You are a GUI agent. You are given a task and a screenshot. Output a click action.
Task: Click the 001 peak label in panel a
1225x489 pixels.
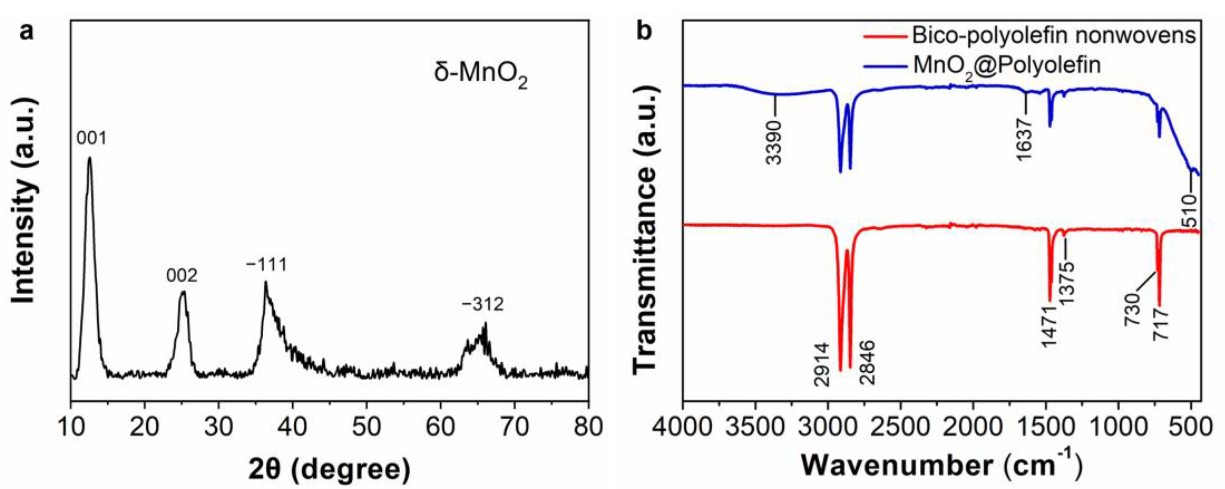pos(92,138)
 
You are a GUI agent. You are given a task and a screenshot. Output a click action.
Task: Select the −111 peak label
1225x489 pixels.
pos(267,264)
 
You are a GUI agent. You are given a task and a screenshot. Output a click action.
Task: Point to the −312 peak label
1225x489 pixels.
pos(482,304)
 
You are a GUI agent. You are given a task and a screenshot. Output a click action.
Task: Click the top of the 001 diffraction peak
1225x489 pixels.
pos(89,159)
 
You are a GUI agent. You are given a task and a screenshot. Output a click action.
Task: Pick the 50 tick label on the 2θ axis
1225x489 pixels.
pos(366,427)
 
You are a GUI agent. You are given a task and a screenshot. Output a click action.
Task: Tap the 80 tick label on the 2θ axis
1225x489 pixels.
pos(588,427)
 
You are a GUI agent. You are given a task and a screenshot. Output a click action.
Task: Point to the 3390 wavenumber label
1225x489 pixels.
pos(774,142)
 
